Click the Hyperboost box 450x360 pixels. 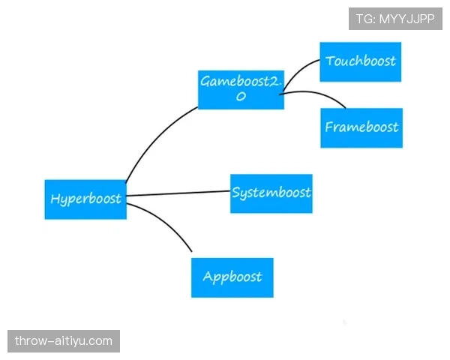(85, 199)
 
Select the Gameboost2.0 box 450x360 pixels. (241, 90)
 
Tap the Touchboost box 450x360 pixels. (361, 62)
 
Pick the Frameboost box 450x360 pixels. (361, 128)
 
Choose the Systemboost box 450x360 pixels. (271, 193)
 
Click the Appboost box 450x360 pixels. (232, 277)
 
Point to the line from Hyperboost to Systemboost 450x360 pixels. (178, 193)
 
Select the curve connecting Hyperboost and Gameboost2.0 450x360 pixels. (157, 138)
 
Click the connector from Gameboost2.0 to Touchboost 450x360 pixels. (298, 71)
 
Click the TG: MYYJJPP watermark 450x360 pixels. (395, 19)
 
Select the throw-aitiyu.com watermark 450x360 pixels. (64, 341)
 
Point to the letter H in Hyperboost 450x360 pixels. (55, 199)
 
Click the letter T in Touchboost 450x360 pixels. (330, 61)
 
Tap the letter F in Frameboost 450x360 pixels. (328, 127)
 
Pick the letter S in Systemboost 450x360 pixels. (236, 192)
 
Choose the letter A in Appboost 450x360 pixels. (207, 276)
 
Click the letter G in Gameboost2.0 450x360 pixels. (205, 81)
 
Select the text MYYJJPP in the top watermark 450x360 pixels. (407, 19)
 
